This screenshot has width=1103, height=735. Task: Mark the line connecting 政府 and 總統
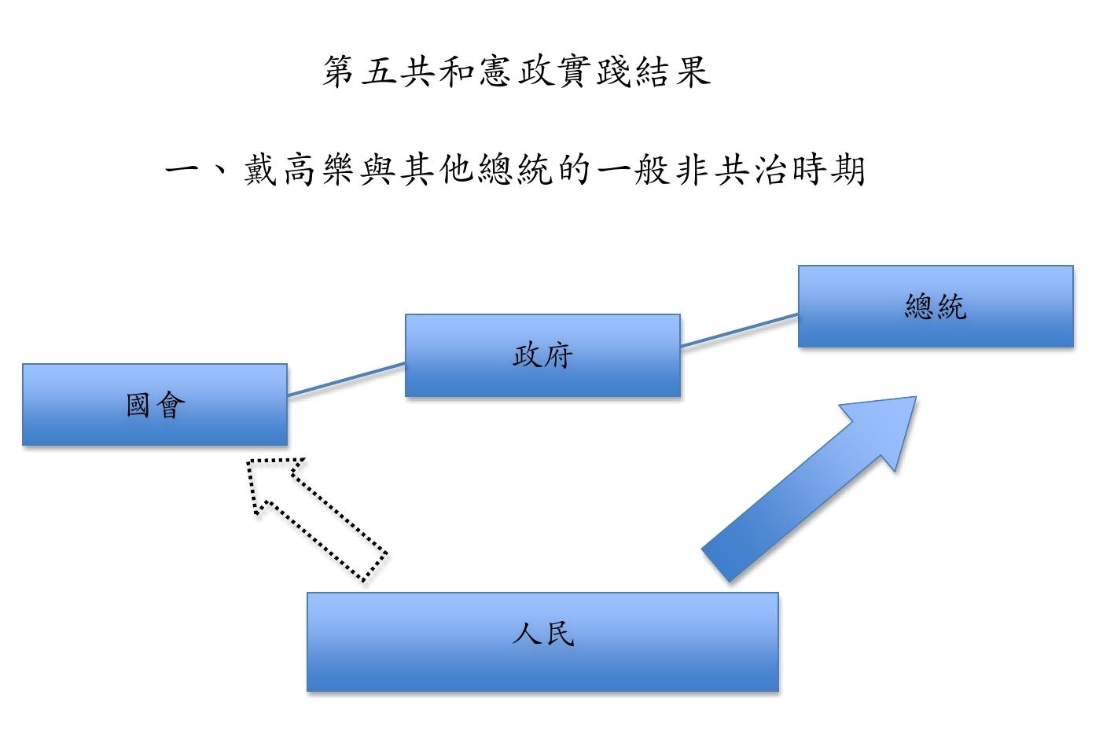739,330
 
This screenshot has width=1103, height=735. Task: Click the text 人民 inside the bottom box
543,633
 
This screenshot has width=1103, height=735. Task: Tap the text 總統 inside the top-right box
935,306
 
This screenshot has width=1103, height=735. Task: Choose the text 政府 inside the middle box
542,355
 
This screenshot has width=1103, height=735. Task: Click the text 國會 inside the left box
156,406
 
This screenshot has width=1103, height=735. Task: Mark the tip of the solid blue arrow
914,398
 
